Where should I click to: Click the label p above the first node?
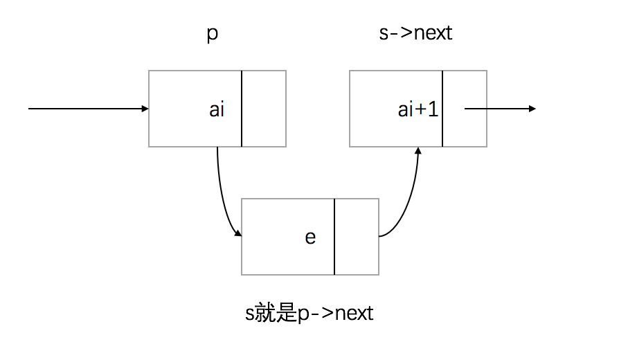213,35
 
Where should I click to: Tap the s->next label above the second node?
415,33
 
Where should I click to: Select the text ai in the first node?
217,109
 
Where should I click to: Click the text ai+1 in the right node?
418,109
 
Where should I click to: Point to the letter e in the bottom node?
310,237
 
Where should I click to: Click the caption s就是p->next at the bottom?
309,314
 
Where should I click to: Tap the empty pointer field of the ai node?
264,109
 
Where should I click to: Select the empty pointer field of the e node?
357,237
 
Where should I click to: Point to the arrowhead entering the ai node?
145,109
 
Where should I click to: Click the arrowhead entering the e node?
237,234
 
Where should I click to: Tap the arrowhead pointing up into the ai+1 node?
418,150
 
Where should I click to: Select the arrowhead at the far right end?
532,109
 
